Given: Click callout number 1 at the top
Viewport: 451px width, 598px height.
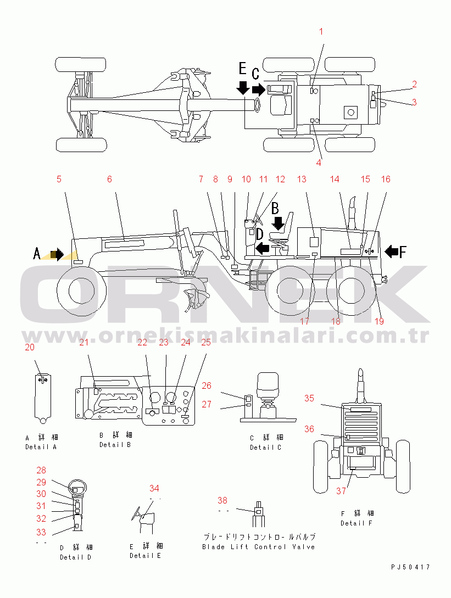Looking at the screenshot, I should tap(322, 31).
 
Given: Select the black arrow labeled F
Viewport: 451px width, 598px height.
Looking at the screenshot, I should tap(392, 252).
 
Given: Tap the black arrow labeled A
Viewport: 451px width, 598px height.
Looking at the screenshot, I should tap(56, 254).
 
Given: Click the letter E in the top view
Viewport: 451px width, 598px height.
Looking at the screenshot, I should tap(243, 69).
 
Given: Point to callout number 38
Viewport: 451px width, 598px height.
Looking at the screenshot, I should tap(222, 500).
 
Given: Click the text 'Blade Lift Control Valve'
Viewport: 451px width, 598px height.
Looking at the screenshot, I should tap(258, 547).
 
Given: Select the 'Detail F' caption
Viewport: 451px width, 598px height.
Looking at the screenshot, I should tap(356, 523).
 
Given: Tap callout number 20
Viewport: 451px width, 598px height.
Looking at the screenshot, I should tap(30, 347).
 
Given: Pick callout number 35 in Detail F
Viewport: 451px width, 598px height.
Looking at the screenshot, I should tap(310, 398).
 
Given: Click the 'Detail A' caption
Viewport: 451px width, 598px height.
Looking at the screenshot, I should tap(41, 447).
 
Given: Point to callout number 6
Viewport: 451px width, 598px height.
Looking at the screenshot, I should tap(109, 179).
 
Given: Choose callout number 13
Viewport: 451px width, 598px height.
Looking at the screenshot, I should tap(302, 179).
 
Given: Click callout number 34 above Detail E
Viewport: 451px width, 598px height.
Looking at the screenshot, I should tap(154, 488).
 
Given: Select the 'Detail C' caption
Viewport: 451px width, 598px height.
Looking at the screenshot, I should tap(266, 448).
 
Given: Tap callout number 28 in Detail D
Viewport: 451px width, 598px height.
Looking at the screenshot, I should tap(42, 471).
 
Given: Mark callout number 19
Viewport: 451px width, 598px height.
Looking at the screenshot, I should tap(379, 322).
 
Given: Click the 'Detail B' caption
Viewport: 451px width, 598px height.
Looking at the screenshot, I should tap(115, 445).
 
